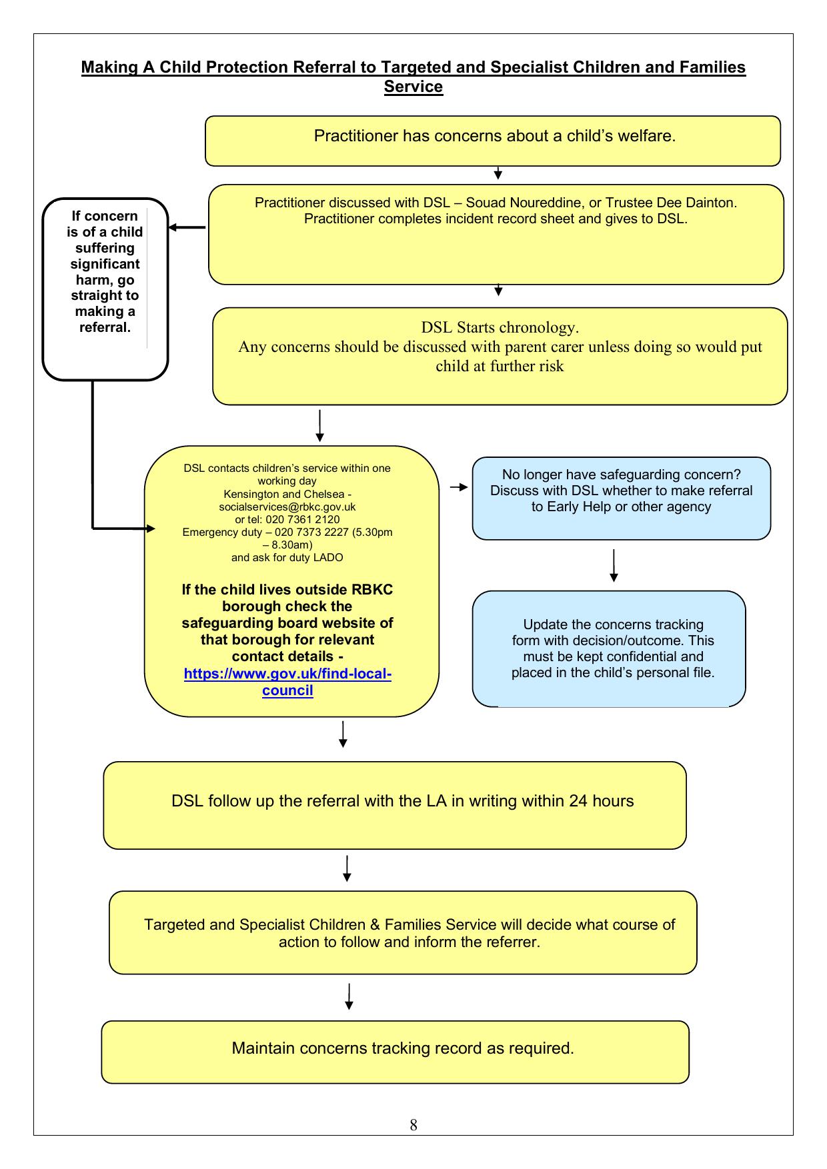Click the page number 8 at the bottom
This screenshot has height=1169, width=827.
(x=414, y=1125)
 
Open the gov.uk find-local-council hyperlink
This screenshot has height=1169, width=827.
(x=287, y=682)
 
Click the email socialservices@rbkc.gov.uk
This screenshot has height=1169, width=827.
(x=287, y=507)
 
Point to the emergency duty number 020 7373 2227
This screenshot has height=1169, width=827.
(x=309, y=532)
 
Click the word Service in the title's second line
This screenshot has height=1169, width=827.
(x=414, y=87)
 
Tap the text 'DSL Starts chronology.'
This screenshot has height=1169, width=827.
(x=500, y=327)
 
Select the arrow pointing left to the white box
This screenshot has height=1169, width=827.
(x=187, y=227)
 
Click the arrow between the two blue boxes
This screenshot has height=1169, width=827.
(x=614, y=566)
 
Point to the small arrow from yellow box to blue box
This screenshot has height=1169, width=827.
(x=460, y=487)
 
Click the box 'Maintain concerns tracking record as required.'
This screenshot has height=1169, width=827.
(x=395, y=1052)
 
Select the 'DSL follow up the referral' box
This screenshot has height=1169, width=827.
(x=395, y=805)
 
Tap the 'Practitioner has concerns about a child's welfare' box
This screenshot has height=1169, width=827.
(x=493, y=141)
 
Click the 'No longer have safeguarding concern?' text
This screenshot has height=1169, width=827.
(x=622, y=475)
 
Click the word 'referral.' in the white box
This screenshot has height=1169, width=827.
(x=105, y=327)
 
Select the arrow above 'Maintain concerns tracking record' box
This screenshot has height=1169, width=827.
(x=349, y=996)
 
